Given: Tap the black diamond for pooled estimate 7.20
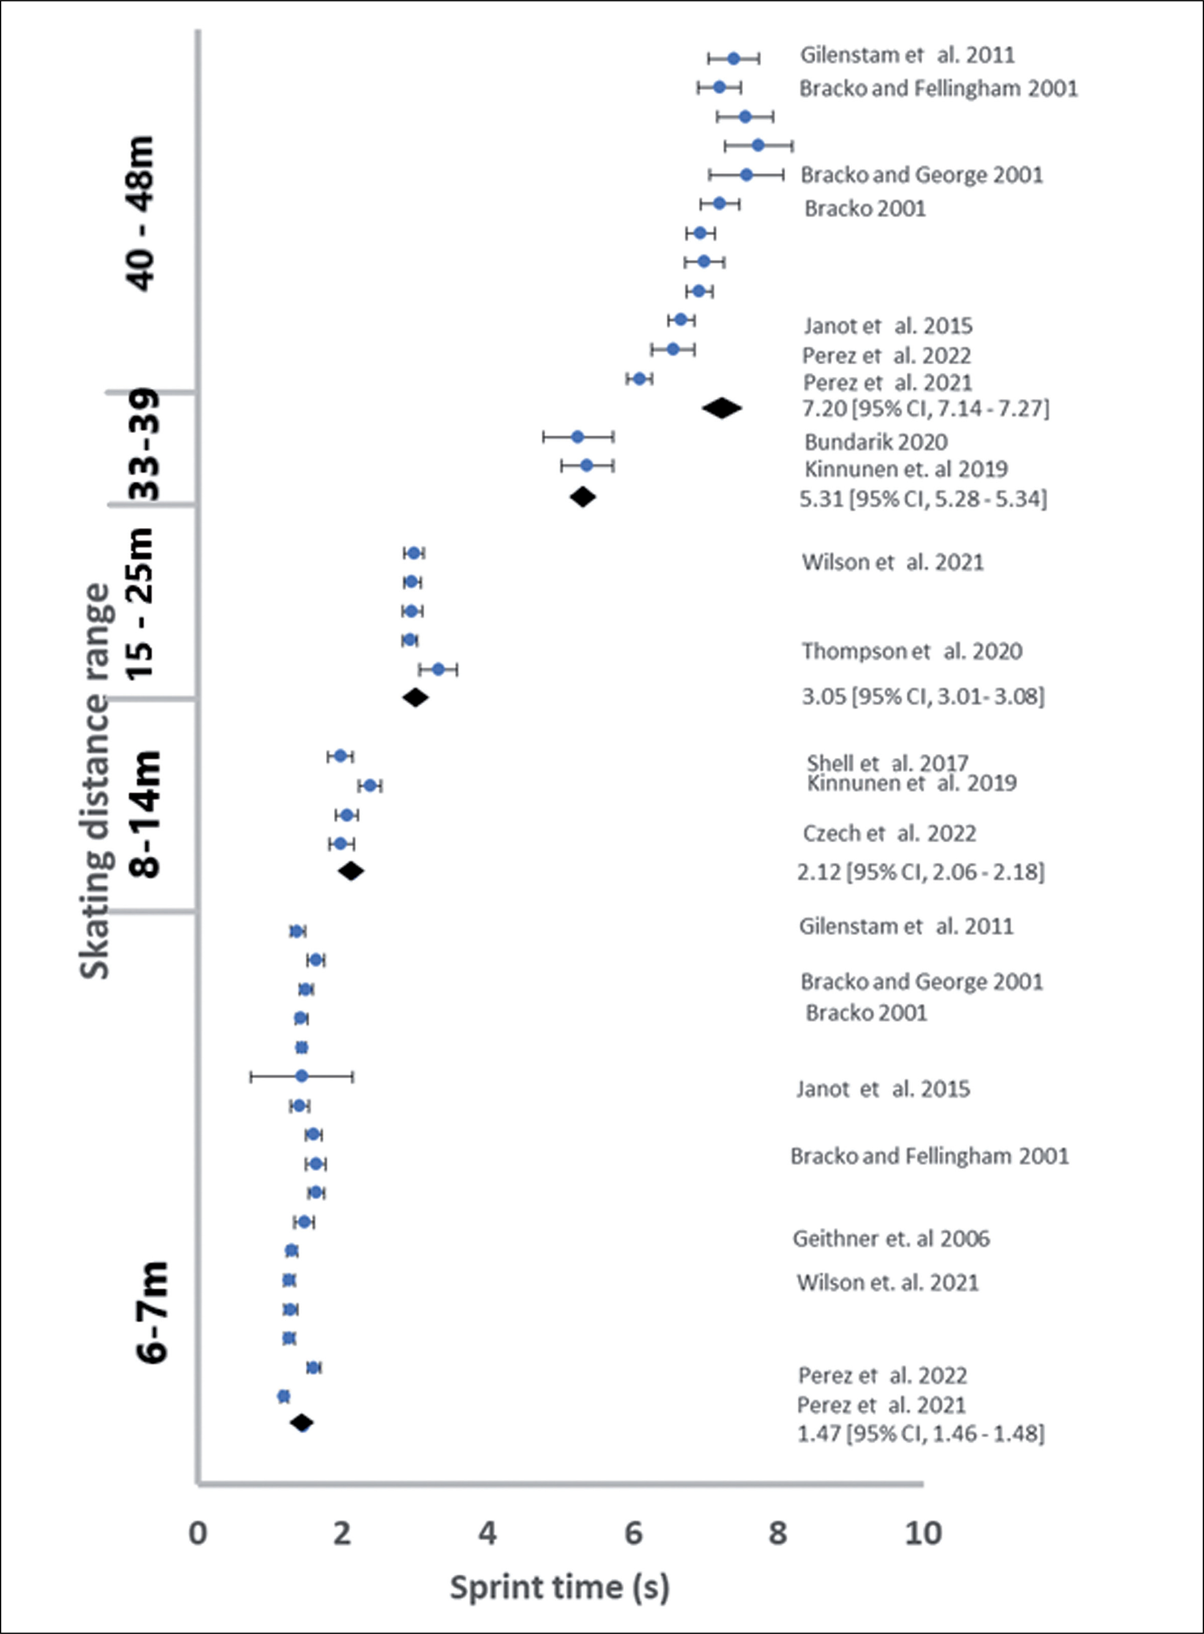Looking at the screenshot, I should click(x=722, y=408).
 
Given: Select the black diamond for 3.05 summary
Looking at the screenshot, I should click(x=415, y=698).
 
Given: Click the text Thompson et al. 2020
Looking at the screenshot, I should click(x=912, y=651).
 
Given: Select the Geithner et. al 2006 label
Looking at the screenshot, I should click(x=891, y=1238).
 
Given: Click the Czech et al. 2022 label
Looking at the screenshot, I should click(x=889, y=833).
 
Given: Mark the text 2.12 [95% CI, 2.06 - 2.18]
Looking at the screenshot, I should click(x=920, y=872).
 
